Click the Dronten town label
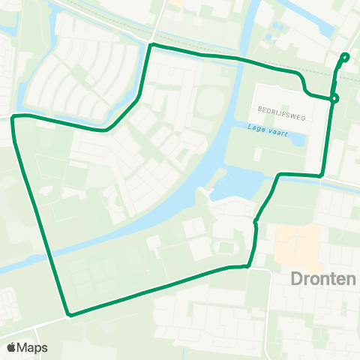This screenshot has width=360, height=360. pyautogui.click(x=322, y=279)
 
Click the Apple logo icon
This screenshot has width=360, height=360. pyautogui.click(x=11, y=347)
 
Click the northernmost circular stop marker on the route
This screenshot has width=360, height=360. pyautogui.click(x=345, y=57)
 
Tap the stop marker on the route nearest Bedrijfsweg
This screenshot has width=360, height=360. pyautogui.click(x=334, y=97)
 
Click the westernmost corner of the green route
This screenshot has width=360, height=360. pyautogui.click(x=13, y=118)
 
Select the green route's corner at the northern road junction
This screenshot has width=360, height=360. pyautogui.click(x=152, y=46)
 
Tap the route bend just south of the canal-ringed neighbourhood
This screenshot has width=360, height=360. pyautogui.click(x=106, y=130)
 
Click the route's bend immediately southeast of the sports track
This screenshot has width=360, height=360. pyautogui.click(x=247, y=265)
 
